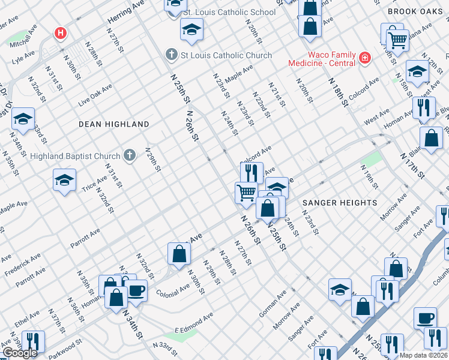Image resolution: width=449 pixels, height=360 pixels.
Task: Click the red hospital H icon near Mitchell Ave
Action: (60, 33)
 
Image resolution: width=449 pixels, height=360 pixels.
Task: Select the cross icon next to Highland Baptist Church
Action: (129, 156)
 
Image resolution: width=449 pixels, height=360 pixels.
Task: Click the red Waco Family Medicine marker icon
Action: (364, 58)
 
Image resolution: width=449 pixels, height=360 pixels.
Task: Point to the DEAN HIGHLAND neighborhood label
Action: (113, 124)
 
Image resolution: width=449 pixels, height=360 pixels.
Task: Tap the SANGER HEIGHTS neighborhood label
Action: (339, 203)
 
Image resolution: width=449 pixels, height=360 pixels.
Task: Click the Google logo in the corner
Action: (20, 353)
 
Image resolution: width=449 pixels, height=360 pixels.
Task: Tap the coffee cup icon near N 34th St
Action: (136, 290)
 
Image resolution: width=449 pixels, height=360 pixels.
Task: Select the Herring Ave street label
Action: (126, 12)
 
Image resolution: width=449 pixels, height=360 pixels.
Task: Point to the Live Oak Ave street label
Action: (95, 95)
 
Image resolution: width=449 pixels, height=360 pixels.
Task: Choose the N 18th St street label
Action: (338, 92)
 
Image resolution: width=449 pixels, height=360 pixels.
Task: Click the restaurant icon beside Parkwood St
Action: (32, 341)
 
